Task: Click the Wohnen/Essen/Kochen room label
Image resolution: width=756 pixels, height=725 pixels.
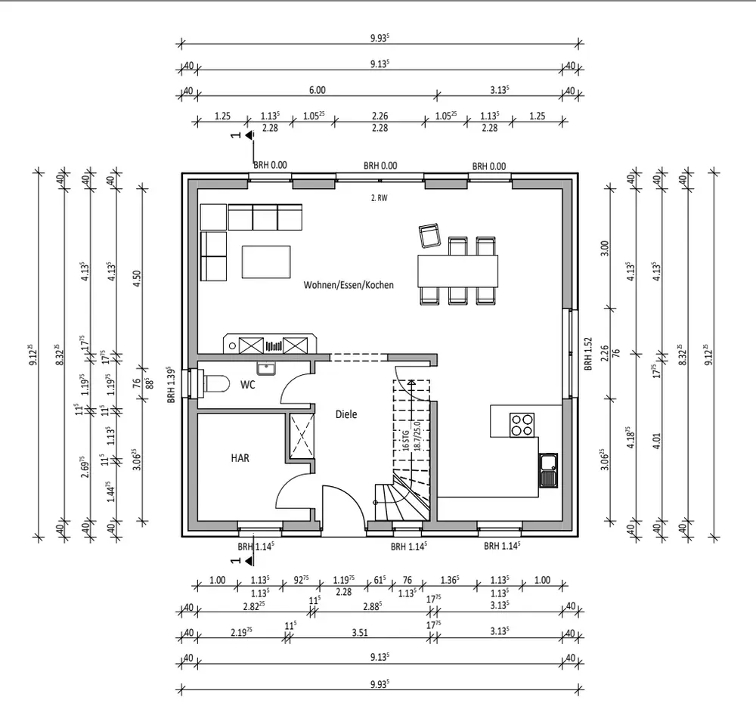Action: (x=349, y=285)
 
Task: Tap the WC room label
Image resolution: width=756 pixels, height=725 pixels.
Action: (x=247, y=384)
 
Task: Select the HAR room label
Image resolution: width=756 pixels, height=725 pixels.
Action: (x=240, y=457)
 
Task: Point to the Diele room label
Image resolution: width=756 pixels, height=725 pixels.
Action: (x=346, y=414)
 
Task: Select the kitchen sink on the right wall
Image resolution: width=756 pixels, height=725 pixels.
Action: (x=548, y=469)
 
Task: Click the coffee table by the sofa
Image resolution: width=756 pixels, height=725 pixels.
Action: (x=266, y=262)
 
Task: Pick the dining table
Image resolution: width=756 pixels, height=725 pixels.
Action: (x=458, y=270)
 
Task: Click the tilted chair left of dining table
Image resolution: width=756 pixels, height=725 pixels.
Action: (x=430, y=235)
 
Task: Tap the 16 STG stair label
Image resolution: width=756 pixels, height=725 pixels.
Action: (x=406, y=441)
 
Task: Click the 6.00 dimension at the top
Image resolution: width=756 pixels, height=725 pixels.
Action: (x=317, y=90)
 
